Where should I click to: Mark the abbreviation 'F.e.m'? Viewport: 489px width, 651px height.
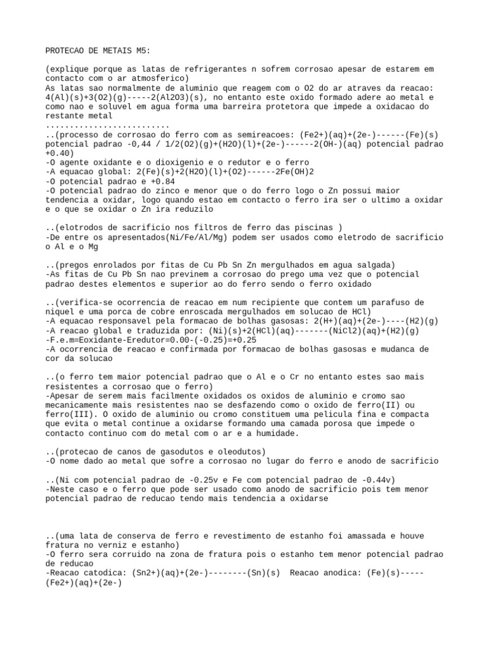tap(62, 340)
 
